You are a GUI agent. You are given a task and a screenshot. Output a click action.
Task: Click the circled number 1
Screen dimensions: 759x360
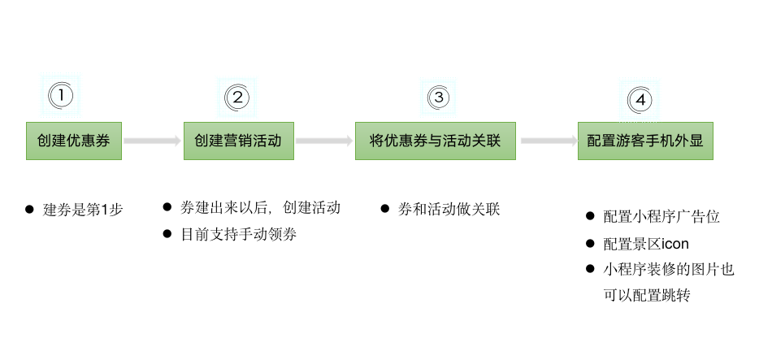pyautogui.click(x=61, y=95)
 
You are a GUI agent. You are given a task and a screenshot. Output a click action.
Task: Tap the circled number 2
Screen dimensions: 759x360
pyautogui.click(x=236, y=98)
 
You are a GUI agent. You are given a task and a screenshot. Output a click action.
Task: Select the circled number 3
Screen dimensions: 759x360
pyautogui.click(x=439, y=98)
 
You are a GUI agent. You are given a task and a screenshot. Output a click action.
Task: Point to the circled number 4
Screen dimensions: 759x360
pyautogui.click(x=640, y=100)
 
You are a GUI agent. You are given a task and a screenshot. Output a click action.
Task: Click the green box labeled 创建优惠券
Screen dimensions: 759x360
pyautogui.click(x=73, y=141)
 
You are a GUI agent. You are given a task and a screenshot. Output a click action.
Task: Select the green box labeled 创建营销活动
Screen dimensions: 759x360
pyautogui.click(x=238, y=141)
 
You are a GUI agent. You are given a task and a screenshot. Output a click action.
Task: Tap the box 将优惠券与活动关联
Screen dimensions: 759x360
pyautogui.click(x=435, y=141)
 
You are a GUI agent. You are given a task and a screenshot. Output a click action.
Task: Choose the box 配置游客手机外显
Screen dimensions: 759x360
pyautogui.click(x=645, y=141)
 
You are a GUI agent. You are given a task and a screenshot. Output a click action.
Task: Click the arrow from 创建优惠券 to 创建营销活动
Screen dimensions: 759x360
pyautogui.click(x=152, y=141)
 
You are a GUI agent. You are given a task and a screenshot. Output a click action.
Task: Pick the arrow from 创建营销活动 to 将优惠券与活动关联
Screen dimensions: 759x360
pyautogui.click(x=323, y=141)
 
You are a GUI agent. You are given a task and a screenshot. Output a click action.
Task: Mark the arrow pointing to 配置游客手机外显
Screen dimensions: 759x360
pyautogui.click(x=546, y=141)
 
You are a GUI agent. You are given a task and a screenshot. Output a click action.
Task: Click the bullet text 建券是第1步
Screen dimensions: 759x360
pyautogui.click(x=83, y=210)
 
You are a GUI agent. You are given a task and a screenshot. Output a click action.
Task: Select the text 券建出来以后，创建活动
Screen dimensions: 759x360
pyautogui.click(x=260, y=207)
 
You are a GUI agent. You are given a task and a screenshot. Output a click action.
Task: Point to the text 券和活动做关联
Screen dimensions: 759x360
pyautogui.click(x=449, y=209)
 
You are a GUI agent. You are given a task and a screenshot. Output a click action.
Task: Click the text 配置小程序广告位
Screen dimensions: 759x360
pyautogui.click(x=661, y=217)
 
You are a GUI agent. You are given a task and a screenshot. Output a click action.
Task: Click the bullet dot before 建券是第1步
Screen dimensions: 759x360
pyautogui.click(x=30, y=210)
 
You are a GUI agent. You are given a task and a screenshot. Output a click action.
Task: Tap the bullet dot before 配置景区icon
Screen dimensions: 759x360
pyautogui.click(x=589, y=244)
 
